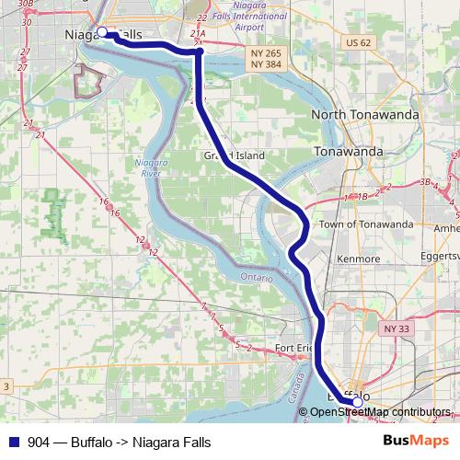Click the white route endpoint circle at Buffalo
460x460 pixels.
pyautogui.click(x=357, y=401)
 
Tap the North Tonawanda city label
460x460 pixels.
pyautogui.click(x=365, y=114)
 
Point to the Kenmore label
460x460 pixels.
pyautogui.click(x=358, y=259)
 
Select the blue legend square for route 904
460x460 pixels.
pyautogui.click(x=14, y=442)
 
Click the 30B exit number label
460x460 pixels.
pyautogui.click(x=26, y=4)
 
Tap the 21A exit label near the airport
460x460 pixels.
pyautogui.click(x=198, y=33)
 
